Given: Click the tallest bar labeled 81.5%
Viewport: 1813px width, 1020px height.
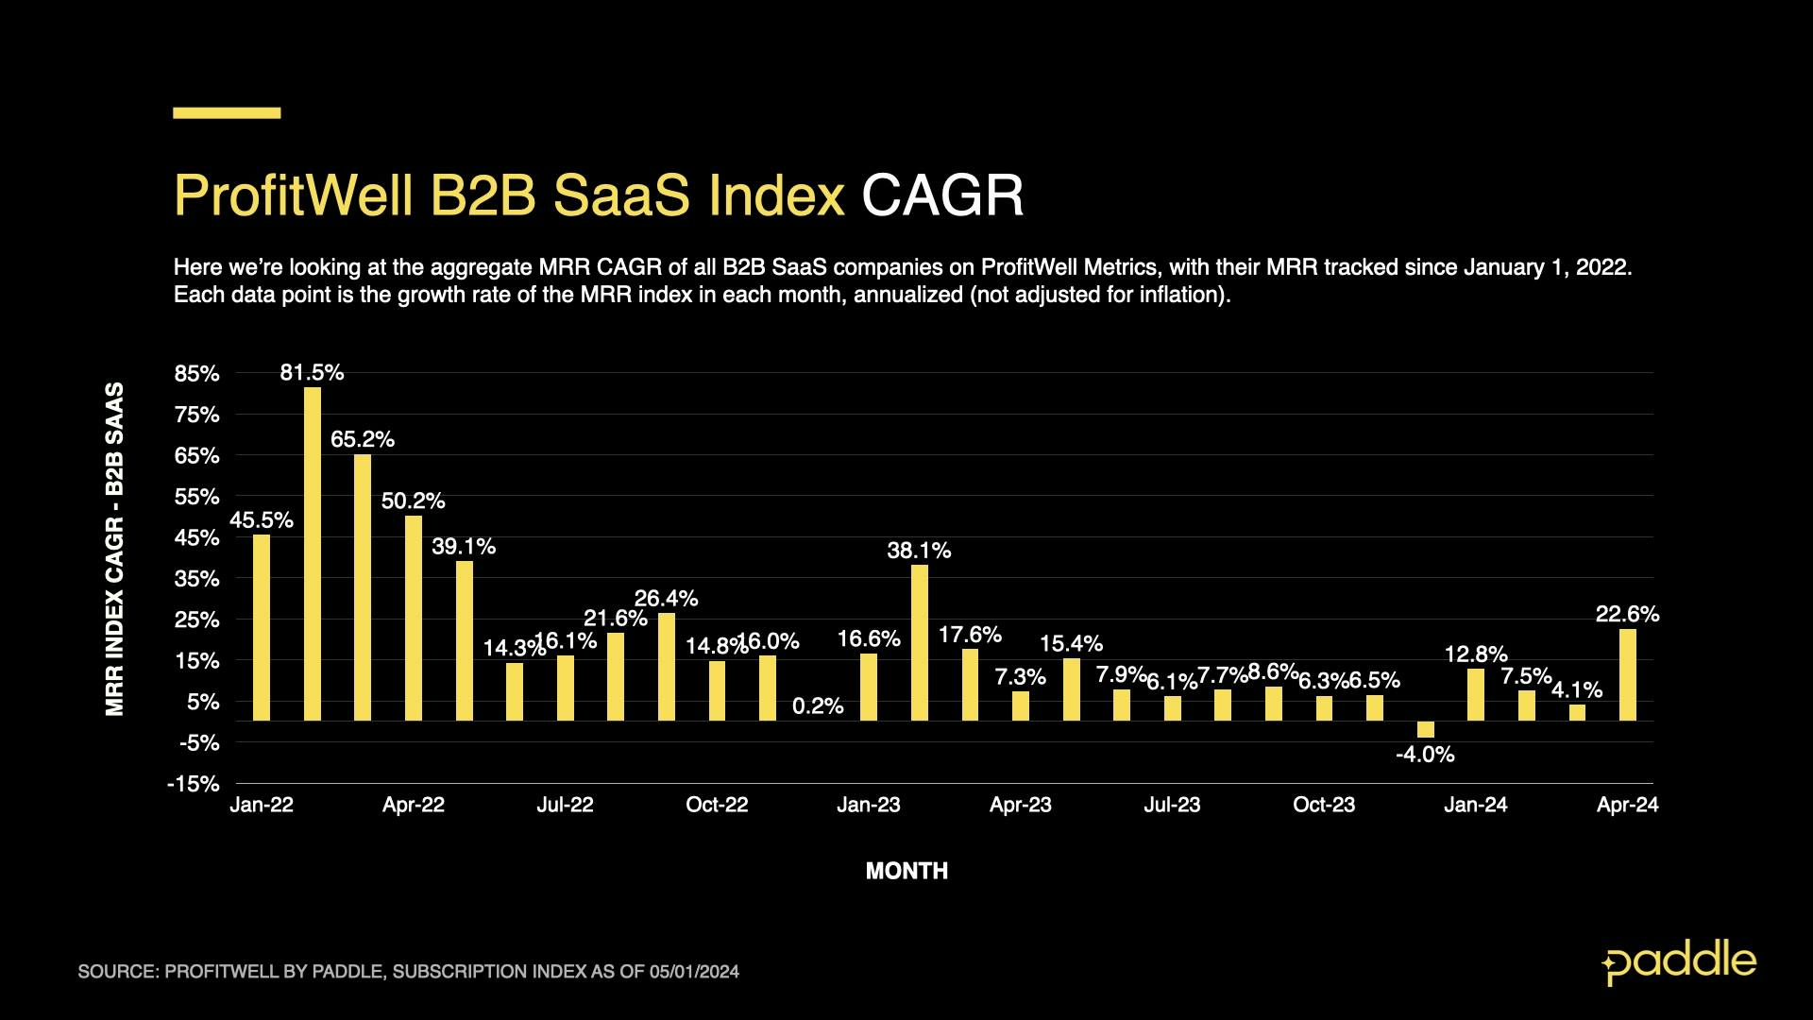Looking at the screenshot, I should click(x=313, y=553).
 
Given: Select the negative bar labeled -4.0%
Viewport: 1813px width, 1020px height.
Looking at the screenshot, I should click(x=1426, y=729).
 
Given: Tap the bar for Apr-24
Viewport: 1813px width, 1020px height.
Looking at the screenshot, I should click(x=1628, y=674).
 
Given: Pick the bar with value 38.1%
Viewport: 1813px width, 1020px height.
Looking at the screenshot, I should click(x=920, y=642).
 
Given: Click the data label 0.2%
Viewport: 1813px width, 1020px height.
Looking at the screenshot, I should click(x=818, y=706).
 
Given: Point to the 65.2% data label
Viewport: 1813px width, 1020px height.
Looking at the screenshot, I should click(x=363, y=439).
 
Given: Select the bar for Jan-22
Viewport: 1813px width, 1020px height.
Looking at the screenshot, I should click(x=262, y=627).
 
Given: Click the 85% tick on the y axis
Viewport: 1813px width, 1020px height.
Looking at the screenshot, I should click(x=196, y=374).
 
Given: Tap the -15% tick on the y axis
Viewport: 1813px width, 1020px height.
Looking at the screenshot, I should click(x=194, y=784).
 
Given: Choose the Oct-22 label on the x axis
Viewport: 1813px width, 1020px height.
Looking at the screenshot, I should click(x=717, y=805).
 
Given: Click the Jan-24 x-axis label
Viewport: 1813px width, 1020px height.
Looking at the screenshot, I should click(x=1476, y=805).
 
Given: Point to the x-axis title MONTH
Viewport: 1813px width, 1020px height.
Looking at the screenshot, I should click(x=906, y=871).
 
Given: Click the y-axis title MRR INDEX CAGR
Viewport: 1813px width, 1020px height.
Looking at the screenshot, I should click(x=115, y=548).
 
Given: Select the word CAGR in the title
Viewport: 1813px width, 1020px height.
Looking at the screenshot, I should click(x=942, y=195).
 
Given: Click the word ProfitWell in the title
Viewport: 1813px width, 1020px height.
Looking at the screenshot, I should click(x=294, y=195).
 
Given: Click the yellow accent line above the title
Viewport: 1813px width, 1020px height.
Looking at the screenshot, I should click(x=227, y=112).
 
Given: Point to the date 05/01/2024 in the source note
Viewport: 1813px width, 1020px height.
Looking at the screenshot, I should click(x=694, y=972).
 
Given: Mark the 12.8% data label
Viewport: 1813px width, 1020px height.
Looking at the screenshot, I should click(x=1476, y=654).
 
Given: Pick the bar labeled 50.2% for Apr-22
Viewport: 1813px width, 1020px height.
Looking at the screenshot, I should click(x=414, y=618).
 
